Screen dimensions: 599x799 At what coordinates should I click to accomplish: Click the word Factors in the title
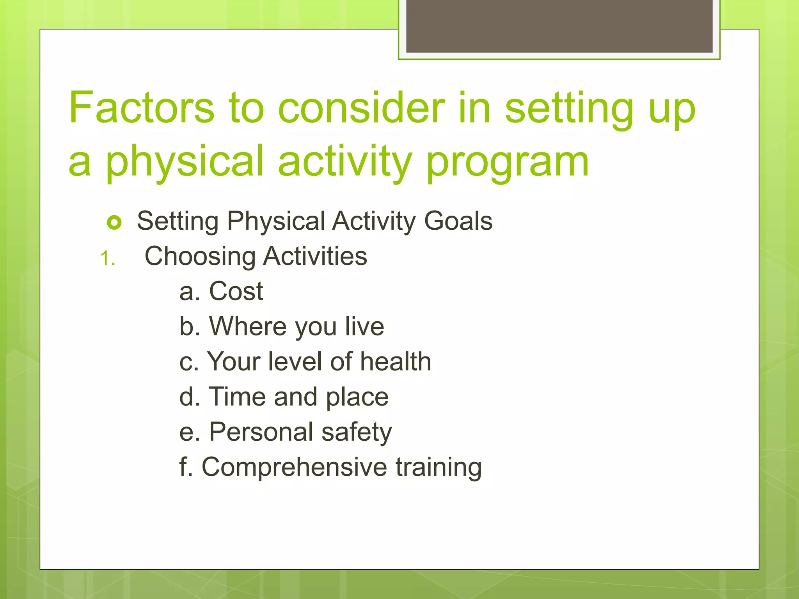click(142, 107)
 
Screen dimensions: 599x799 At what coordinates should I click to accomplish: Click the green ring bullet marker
click(114, 223)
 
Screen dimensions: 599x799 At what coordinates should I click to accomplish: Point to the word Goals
click(458, 221)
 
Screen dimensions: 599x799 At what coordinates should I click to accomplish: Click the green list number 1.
click(107, 259)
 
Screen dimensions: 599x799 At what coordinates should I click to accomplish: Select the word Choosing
click(200, 257)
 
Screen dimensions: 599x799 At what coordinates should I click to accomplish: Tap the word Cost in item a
click(236, 291)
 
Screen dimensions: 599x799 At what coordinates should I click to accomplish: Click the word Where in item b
click(248, 326)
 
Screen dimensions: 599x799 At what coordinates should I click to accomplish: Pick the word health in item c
click(395, 362)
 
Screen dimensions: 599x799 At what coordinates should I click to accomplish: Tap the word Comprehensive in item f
click(294, 467)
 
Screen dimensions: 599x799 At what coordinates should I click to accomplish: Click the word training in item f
click(439, 467)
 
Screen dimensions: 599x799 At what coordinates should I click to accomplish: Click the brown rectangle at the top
click(559, 26)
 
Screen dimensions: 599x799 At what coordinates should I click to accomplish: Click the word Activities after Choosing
click(315, 256)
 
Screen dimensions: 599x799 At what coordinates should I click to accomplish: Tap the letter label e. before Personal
click(190, 432)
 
